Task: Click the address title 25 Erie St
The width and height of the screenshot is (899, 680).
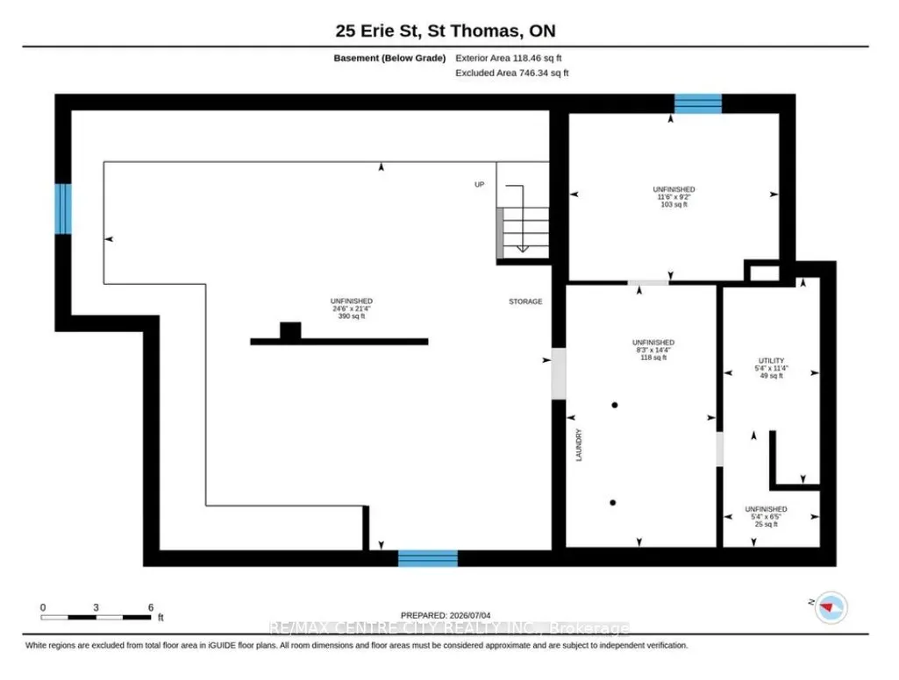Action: point(378,31)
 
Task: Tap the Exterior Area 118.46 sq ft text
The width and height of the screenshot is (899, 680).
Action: point(509,58)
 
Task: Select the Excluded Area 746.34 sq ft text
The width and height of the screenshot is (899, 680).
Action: point(512,73)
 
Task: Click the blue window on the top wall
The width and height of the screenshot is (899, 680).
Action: point(698,103)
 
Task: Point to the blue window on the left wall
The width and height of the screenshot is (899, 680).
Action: point(63,209)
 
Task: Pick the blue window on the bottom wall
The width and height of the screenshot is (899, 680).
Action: point(428,558)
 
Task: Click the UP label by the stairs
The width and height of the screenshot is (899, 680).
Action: point(479,185)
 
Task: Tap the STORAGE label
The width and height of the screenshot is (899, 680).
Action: point(525,301)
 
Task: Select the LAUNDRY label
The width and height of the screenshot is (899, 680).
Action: point(579,445)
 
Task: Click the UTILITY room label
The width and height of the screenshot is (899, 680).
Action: point(771,361)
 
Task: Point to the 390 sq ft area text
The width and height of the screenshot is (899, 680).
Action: point(352,316)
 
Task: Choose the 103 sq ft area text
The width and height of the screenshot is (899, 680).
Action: point(674,204)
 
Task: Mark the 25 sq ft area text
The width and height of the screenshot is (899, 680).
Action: point(766,524)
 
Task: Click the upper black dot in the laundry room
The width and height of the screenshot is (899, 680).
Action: point(615,405)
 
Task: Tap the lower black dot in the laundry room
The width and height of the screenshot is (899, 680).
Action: point(613,503)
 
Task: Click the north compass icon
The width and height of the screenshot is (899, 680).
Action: point(831,607)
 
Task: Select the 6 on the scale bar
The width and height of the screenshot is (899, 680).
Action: point(151,607)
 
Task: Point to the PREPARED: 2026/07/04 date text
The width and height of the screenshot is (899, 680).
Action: point(446,615)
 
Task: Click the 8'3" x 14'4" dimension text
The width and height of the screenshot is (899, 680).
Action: point(653,350)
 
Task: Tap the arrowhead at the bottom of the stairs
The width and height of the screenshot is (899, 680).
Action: point(523,249)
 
